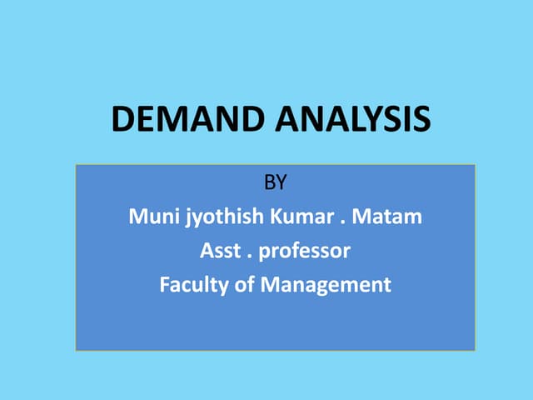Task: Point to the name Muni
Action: [150, 217]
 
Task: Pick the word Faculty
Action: [190, 284]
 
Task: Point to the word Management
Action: [325, 285]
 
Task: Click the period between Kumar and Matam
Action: [342, 222]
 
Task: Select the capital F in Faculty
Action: [164, 284]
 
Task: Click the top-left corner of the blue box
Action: [76, 165]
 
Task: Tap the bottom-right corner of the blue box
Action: [475, 350]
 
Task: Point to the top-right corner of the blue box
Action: [475, 165]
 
